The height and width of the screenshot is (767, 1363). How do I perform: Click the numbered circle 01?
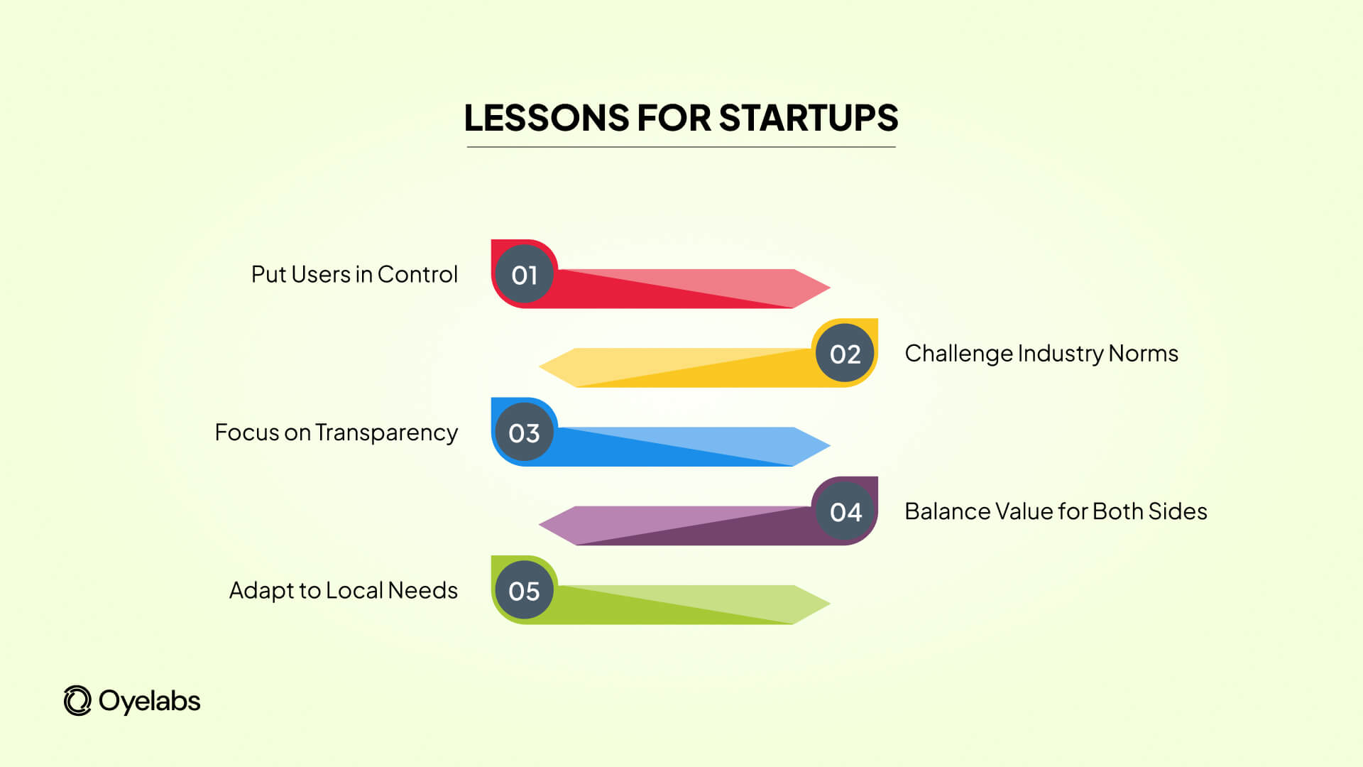[525, 275]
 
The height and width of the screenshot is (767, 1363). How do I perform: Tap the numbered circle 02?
[845, 354]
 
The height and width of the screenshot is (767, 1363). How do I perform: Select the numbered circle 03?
[525, 433]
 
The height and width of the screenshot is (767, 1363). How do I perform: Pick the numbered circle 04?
[845, 512]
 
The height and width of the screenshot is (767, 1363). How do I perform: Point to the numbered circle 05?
[525, 591]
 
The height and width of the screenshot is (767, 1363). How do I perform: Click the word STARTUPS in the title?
[808, 118]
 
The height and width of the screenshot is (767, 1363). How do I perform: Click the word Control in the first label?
[417, 274]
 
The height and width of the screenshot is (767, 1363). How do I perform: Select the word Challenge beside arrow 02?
[958, 354]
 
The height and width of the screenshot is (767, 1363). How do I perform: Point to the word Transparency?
[387, 433]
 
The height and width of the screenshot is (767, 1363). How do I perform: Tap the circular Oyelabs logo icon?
[77, 701]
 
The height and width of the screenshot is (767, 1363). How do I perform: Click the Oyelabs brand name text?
[149, 701]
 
